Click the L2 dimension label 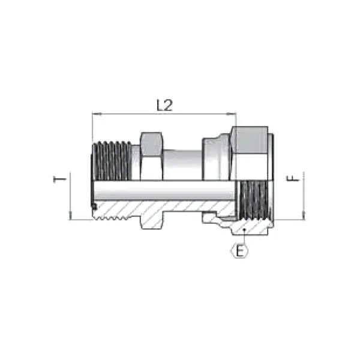(x=164, y=105)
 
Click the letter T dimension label (x=59, y=179)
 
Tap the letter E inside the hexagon (x=239, y=251)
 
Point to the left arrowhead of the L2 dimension (x=97, y=113)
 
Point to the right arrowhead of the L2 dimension (x=232, y=113)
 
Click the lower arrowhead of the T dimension (x=70, y=215)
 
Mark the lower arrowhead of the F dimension (x=304, y=215)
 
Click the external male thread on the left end (x=112, y=161)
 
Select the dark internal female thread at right (x=253, y=200)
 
